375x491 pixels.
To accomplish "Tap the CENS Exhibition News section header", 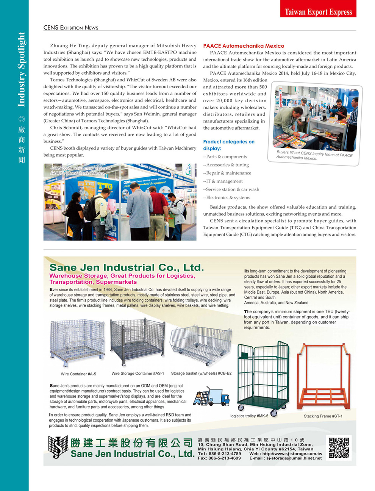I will pyautogui.click(x=71, y=28).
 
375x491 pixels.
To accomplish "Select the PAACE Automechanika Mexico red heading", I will pyautogui.click(x=244, y=46).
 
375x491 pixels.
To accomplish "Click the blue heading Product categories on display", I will pyautogui.click(x=228, y=145).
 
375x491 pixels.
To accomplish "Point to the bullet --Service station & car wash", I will pyautogui.click(x=231, y=189).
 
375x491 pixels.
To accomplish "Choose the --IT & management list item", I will pyautogui.click(x=223, y=181).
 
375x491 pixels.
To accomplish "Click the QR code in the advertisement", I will pyautogui.click(x=339, y=448).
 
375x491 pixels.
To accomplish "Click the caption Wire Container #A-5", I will pyautogui.click(x=78, y=374).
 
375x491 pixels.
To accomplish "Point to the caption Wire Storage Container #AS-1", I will pyautogui.click(x=137, y=374).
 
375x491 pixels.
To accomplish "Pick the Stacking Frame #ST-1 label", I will pyautogui.click(x=323, y=416).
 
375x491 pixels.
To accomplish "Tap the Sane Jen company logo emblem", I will pyautogui.click(x=58, y=447).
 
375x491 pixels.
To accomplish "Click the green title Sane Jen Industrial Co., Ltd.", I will pyautogui.click(x=127, y=267).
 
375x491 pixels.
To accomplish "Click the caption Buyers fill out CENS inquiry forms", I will pyautogui.click(x=314, y=155).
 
